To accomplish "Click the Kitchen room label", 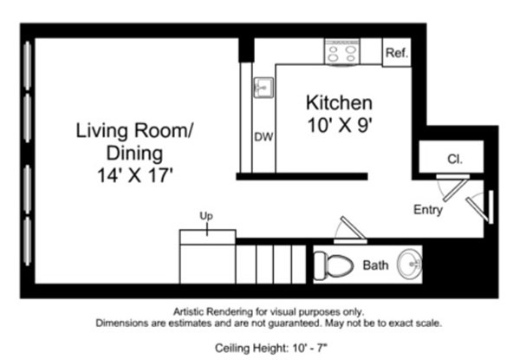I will point(339,102).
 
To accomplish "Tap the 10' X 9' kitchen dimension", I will point(339,125).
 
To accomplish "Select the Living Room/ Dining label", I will point(135,132).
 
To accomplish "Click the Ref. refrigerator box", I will point(396,53).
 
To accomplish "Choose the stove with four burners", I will point(341,52).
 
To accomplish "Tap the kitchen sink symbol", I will point(263,88).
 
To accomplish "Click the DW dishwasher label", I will point(263,137).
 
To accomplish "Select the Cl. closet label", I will point(454,159).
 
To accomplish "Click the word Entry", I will point(428,210).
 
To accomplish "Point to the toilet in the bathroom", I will point(332,263).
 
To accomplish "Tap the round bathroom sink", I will point(409,261).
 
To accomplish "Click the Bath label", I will point(375,265).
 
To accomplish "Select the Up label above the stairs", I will point(206,214).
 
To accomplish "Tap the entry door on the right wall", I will point(478,206).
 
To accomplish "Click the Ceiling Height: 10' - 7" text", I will point(268,348).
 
